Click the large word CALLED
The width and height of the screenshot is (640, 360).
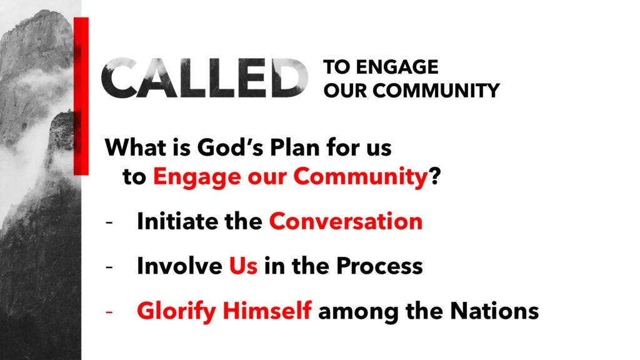coord(205,78)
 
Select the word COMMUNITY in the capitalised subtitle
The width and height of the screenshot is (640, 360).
coord(436,90)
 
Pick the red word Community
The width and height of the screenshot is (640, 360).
coord(361,177)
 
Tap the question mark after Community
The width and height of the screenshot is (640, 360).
coord(435,176)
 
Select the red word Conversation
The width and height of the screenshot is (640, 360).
coord(346,221)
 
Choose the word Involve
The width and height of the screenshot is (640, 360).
coord(179,266)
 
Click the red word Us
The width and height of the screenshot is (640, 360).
coord(243,266)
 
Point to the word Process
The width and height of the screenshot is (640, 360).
coord(379,266)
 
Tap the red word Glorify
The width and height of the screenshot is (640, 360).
coord(176,311)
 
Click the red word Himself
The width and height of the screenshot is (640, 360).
coord(267,311)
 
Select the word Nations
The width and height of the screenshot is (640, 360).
coord(494,311)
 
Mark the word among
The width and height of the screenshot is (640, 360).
coord(358,312)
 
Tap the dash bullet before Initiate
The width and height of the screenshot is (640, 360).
coord(109,223)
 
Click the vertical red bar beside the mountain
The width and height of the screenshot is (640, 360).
coord(81,96)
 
